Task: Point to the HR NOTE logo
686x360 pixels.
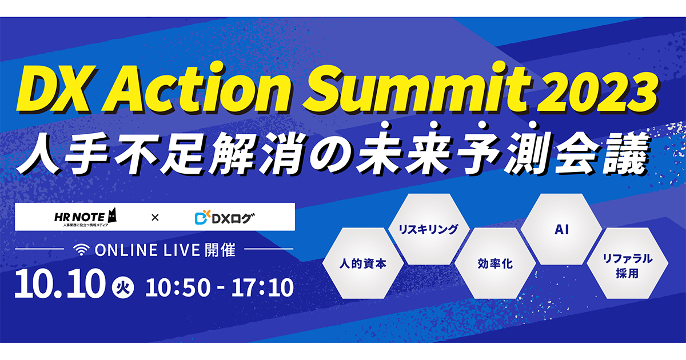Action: click(85, 217)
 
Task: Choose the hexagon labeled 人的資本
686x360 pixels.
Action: click(362, 263)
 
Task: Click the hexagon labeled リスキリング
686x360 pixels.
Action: click(429, 229)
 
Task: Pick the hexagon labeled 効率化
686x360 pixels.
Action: click(495, 263)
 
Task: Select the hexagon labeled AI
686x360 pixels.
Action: click(561, 229)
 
